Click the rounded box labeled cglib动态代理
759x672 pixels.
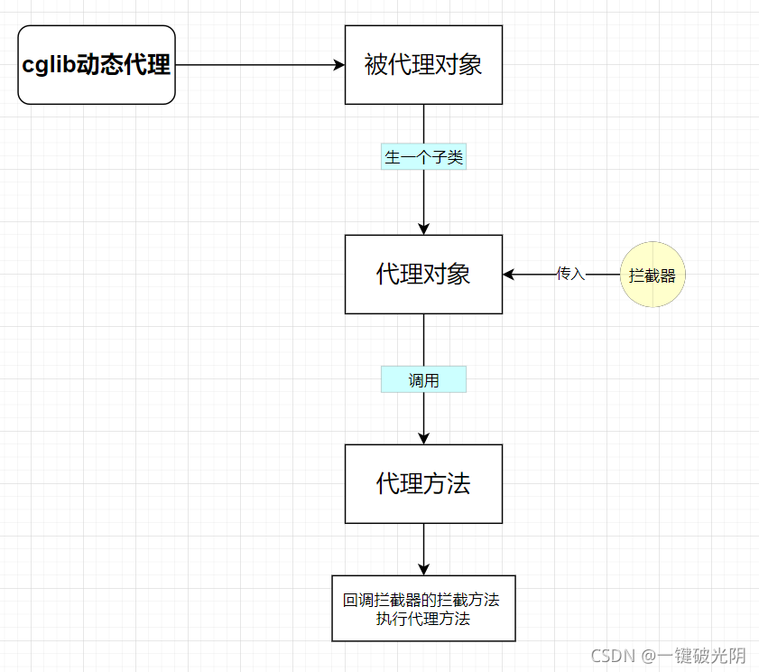click(97, 65)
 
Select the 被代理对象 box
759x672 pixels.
click(423, 65)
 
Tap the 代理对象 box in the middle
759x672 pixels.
click(423, 275)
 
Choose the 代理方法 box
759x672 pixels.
click(423, 483)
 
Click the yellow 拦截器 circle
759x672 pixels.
click(653, 275)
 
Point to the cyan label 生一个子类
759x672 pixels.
click(423, 157)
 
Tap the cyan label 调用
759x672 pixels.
click(423, 380)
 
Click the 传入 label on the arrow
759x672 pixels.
click(570, 274)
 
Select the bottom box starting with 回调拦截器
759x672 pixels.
click(423, 608)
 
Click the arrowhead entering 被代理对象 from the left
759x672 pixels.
click(339, 65)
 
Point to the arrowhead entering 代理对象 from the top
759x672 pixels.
click(423, 229)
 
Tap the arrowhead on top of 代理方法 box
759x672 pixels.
click(423, 438)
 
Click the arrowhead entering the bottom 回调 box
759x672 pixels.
click(423, 569)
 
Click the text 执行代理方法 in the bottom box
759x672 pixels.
click(423, 620)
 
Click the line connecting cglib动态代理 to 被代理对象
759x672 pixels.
click(257, 65)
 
